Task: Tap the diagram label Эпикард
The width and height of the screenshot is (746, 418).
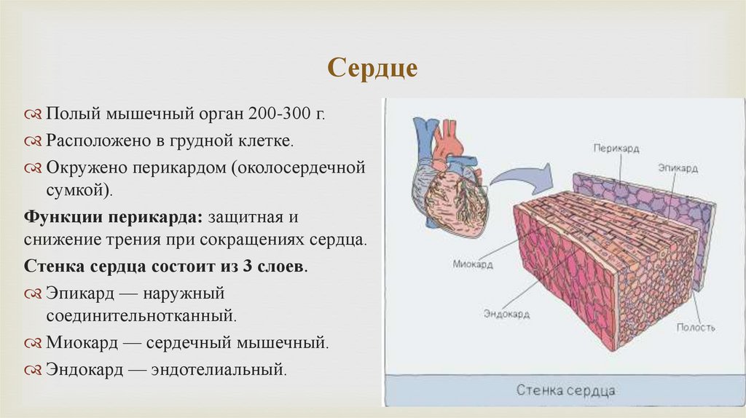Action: [677, 168]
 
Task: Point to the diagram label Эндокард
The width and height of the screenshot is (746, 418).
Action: [506, 315]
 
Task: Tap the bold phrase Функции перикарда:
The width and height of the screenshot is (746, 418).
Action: [114, 217]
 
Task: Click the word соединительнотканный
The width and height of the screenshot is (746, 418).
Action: [142, 316]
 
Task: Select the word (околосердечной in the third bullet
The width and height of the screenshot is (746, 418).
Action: [298, 167]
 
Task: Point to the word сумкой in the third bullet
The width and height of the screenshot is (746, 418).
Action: [76, 191]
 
